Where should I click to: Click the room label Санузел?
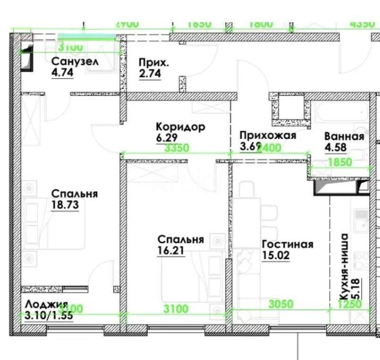75,61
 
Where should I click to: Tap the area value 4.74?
62,73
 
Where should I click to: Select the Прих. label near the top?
153,62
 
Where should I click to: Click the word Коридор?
180,127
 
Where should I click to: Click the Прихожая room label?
267,136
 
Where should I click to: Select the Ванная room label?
344,137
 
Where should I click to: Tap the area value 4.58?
335,147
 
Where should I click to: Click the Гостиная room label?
287,244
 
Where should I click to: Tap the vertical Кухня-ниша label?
344,266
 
